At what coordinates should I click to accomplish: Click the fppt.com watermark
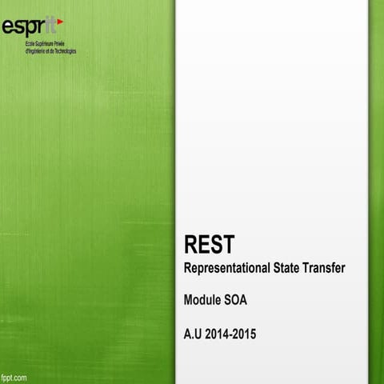[15, 376]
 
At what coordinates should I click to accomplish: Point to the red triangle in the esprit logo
[60, 22]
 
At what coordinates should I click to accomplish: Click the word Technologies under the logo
[66, 51]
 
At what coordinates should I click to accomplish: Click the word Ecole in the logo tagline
[30, 45]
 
